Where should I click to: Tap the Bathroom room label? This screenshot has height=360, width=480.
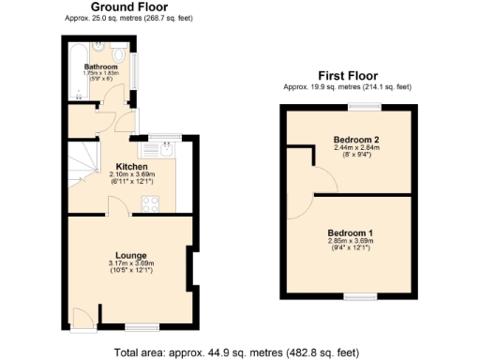100,67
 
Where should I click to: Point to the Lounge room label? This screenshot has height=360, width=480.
130,255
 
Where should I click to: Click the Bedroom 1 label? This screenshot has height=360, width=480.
351,232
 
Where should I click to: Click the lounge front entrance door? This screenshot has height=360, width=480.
82,319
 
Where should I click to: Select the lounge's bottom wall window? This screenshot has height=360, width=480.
142,325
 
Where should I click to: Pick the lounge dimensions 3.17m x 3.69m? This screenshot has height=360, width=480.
130,264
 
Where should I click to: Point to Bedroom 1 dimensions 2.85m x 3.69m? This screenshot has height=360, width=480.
351,241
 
